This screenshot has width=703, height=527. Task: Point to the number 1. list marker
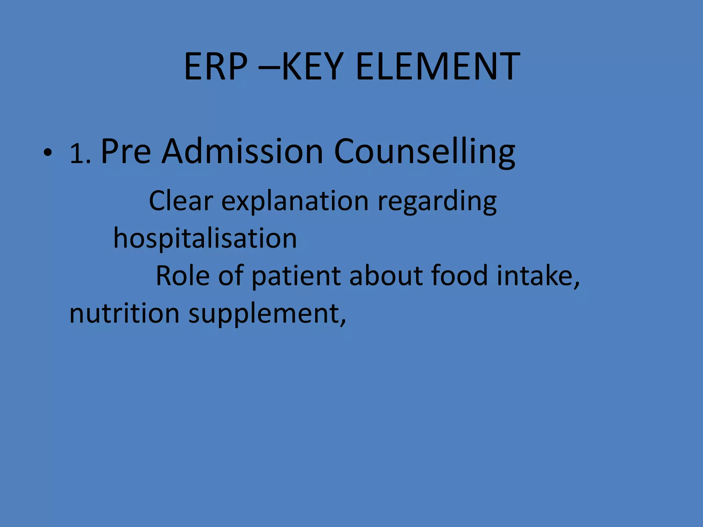(80, 154)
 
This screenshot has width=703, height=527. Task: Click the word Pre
(126, 151)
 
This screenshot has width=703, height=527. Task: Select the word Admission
(242, 151)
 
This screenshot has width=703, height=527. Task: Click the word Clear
(181, 201)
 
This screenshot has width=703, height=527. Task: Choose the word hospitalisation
(205, 238)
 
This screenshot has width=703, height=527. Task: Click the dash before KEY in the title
(270, 67)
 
